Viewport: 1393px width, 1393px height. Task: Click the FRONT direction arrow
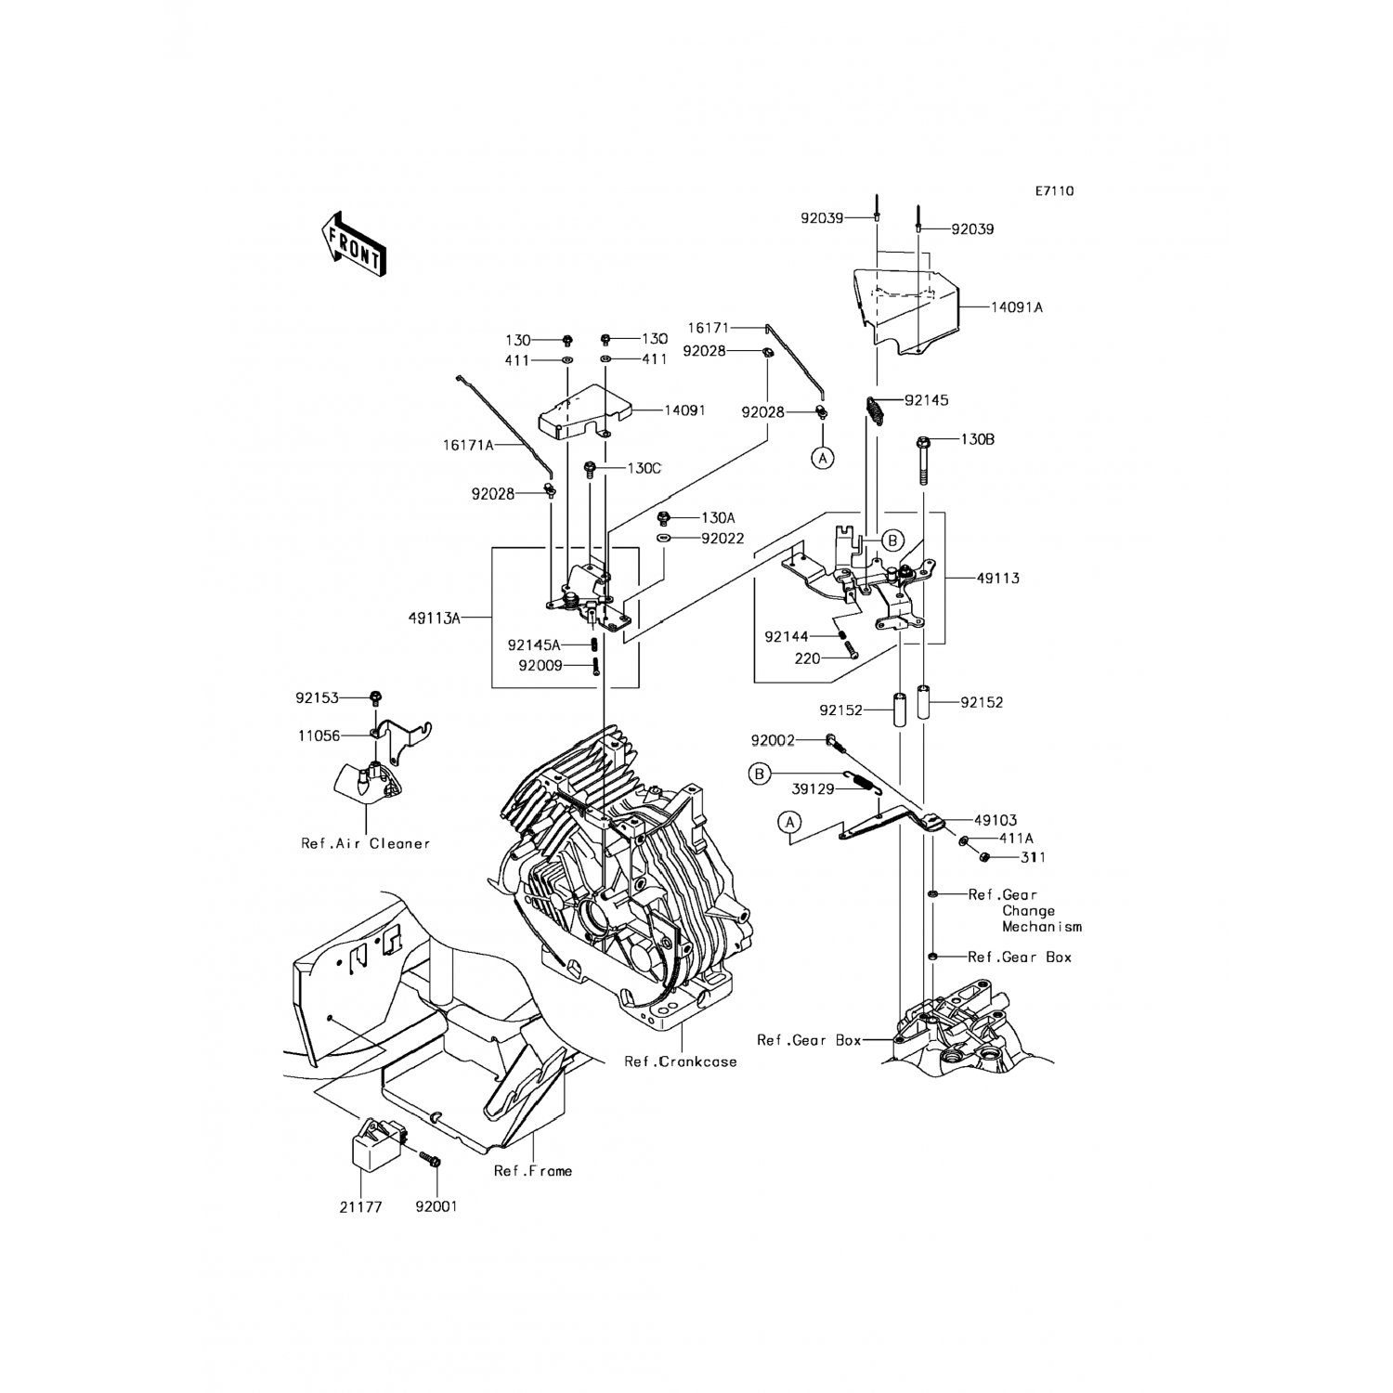[x=353, y=244]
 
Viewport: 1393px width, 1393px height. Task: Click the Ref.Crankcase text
[x=681, y=1061]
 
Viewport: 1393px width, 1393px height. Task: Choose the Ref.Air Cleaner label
[x=366, y=843]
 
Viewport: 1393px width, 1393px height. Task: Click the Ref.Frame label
[x=533, y=1171]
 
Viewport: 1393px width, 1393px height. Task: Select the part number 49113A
[x=434, y=618]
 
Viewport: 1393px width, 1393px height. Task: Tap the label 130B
[x=977, y=439]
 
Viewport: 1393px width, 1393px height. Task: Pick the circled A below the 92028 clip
[x=822, y=457]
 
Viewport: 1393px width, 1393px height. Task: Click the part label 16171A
[x=469, y=445]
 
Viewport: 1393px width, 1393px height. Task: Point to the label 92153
[x=317, y=697]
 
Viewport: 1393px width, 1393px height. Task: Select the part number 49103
[x=996, y=820]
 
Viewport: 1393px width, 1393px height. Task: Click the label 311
[x=1033, y=857]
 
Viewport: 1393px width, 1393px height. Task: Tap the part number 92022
[x=723, y=539]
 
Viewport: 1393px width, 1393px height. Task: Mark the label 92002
[x=773, y=741]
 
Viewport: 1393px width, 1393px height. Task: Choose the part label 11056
[x=319, y=736]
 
